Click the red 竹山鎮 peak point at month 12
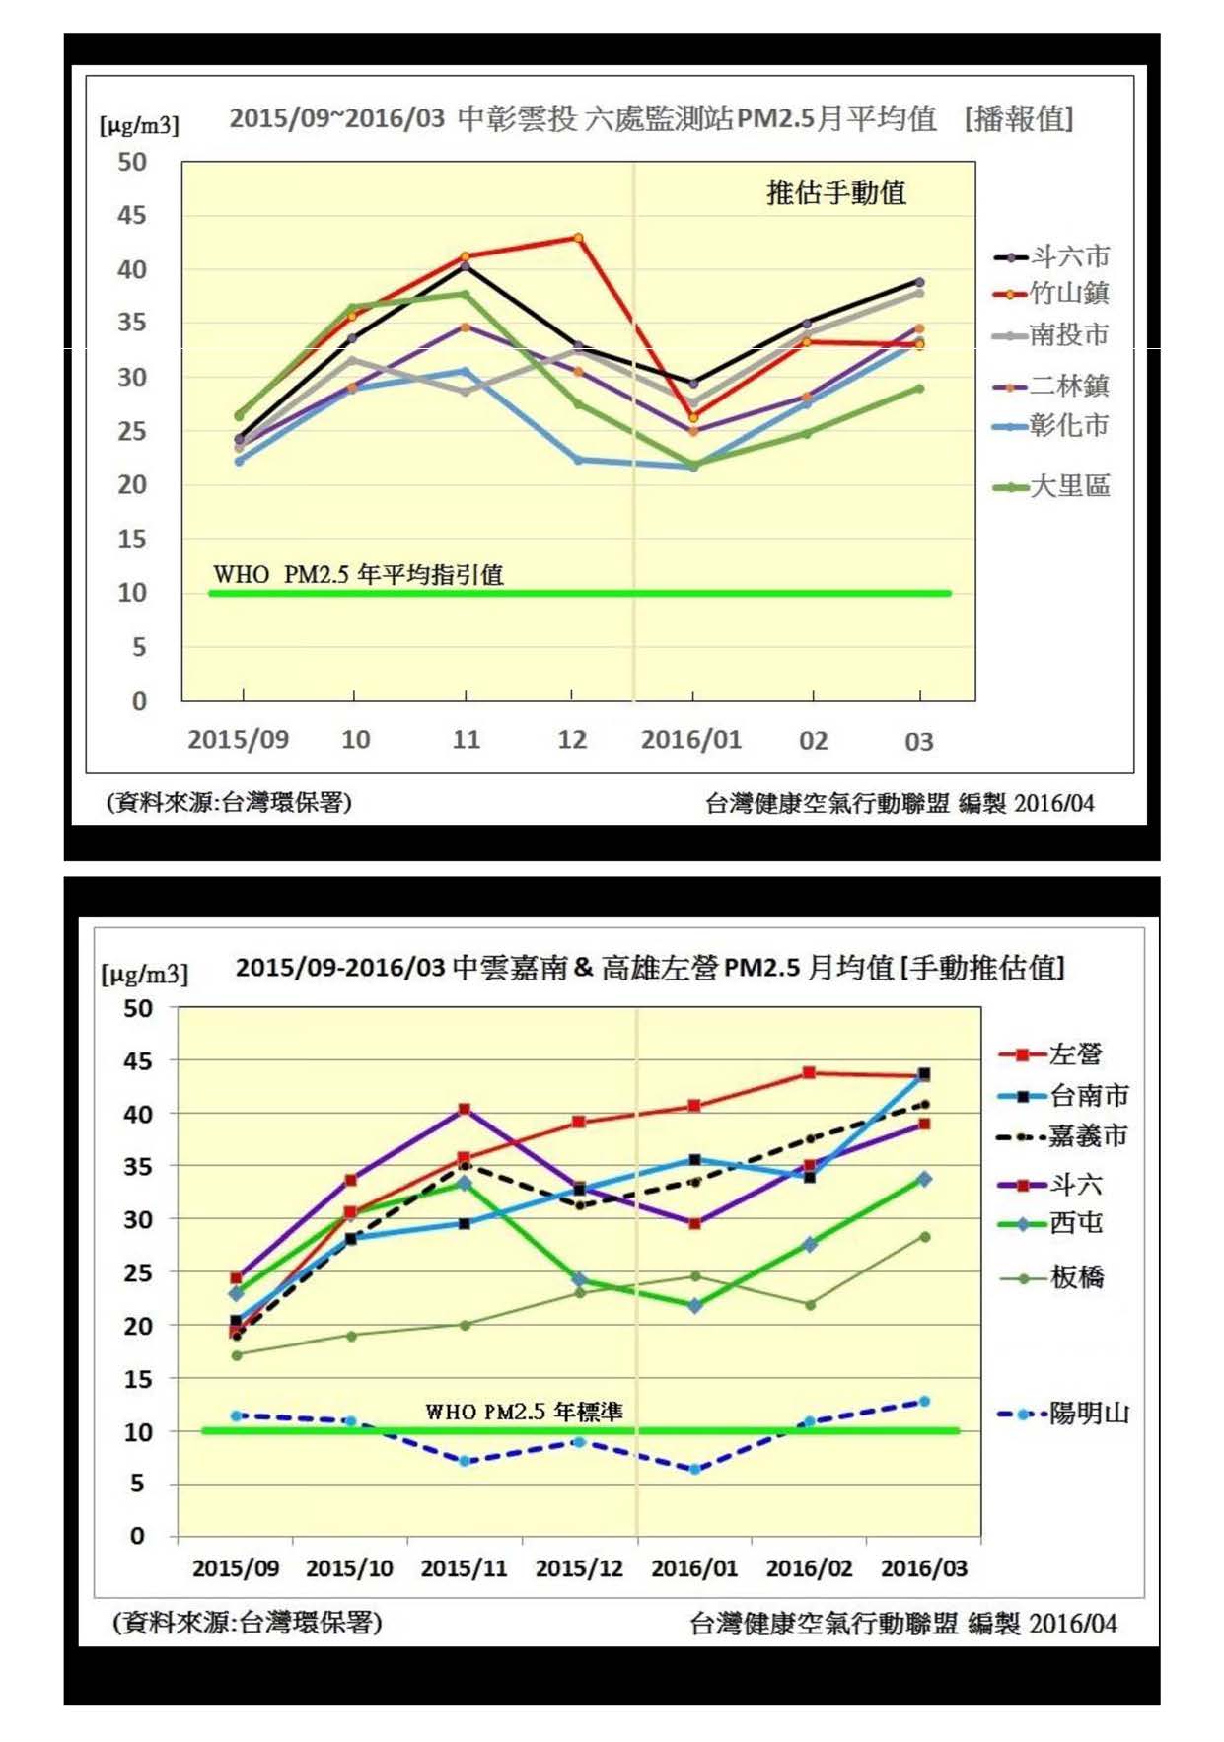pyautogui.click(x=578, y=238)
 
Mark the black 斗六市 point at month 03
pyautogui.click(x=919, y=282)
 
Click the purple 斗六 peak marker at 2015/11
pyautogui.click(x=465, y=1110)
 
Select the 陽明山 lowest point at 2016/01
pyautogui.click(x=694, y=1469)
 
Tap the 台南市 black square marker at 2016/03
pyautogui.click(x=924, y=1074)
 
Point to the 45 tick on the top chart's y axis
pyautogui.click(x=131, y=215)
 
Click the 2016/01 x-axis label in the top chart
pyautogui.click(x=690, y=740)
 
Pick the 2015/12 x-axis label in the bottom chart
pyautogui.click(x=579, y=1568)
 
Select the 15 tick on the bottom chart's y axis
pyautogui.click(x=137, y=1378)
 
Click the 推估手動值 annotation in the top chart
pyautogui.click(x=836, y=192)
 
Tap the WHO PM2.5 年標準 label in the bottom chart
pyautogui.click(x=524, y=1412)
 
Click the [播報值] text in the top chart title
pyautogui.click(x=1019, y=119)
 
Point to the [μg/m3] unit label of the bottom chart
pyautogui.click(x=144, y=975)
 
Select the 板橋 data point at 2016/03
pyautogui.click(x=924, y=1237)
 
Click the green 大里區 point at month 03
pyautogui.click(x=919, y=388)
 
